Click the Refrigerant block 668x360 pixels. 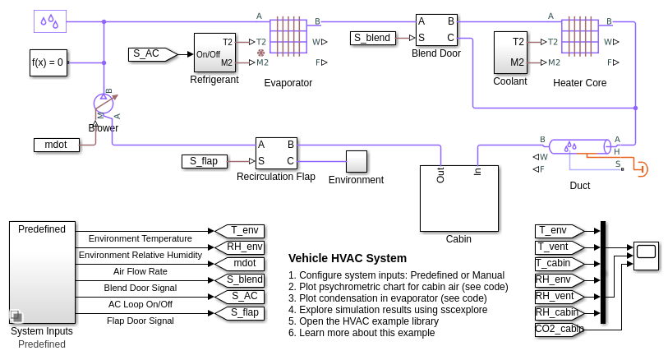214,53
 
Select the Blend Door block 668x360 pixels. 435,30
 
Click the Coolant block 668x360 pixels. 509,53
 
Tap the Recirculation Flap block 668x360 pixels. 276,153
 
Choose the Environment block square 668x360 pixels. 356,161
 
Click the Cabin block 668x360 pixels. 458,198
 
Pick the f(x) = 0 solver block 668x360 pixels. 47,62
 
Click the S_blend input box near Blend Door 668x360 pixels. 372,38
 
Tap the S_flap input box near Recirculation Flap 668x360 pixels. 204,161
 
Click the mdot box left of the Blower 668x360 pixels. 56,145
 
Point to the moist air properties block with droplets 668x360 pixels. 49,21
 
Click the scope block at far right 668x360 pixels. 646,256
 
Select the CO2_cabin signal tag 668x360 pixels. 559,330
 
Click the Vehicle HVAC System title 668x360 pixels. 347,258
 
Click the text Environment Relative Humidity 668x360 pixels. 140,255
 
